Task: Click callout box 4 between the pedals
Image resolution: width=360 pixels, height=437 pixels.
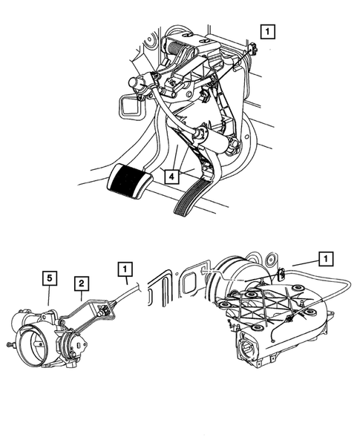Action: pyautogui.click(x=171, y=176)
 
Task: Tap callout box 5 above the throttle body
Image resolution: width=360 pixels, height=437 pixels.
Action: pyautogui.click(x=50, y=278)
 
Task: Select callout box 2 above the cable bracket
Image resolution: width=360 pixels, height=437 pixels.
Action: pyautogui.click(x=82, y=283)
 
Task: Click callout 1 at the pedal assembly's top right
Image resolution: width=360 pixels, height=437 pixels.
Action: pyautogui.click(x=267, y=31)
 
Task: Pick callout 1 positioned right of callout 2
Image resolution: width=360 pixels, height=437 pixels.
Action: pyautogui.click(x=125, y=269)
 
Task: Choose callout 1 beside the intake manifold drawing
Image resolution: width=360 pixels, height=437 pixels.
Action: pyautogui.click(x=326, y=259)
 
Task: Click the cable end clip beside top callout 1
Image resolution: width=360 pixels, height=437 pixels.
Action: pyautogui.click(x=254, y=49)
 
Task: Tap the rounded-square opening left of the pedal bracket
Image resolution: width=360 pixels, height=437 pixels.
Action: pyautogui.click(x=131, y=104)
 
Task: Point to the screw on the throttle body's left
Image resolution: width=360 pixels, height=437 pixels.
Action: pyautogui.click(x=10, y=345)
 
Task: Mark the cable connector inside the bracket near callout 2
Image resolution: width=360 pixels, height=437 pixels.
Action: pyautogui.click(x=105, y=309)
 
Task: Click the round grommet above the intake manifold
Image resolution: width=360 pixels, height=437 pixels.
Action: pyautogui.click(x=271, y=259)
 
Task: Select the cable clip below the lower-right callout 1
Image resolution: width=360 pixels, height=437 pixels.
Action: pyautogui.click(x=281, y=275)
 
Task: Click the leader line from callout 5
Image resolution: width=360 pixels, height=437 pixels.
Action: pyautogui.click(x=49, y=295)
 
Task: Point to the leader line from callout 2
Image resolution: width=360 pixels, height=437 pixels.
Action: pyautogui.click(x=82, y=296)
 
